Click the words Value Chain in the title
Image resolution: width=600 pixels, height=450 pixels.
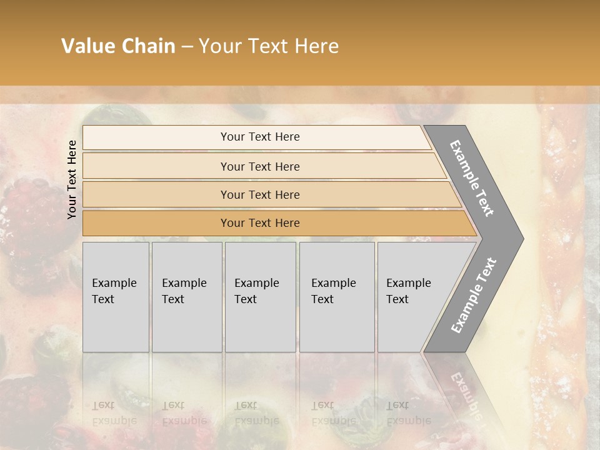coord(118,46)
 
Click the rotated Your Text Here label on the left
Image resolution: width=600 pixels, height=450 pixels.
coord(72,179)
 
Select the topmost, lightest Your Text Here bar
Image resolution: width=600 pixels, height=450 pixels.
coord(256,137)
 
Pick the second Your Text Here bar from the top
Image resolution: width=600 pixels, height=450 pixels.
coord(262,166)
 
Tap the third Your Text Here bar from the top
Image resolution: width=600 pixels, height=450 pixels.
coord(269,194)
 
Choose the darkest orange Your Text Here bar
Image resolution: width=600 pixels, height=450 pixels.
coord(275,223)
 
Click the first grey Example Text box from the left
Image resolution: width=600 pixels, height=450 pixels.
coord(116,297)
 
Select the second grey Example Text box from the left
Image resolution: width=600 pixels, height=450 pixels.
coord(187,297)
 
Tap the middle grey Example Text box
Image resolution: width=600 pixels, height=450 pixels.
coord(260,297)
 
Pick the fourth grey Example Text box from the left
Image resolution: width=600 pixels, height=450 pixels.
coord(337,297)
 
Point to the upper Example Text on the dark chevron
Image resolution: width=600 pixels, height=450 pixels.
coord(472,178)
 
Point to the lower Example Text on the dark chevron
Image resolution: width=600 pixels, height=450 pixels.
coord(474,295)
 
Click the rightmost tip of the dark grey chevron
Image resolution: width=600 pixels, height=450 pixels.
coord(522,238)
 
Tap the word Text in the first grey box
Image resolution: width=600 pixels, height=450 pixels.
coord(103,299)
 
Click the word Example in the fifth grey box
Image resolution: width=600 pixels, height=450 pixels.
coord(409,283)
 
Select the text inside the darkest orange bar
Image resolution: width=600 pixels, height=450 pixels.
coord(260,223)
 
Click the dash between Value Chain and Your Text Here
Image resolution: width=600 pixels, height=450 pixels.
coord(187,47)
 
